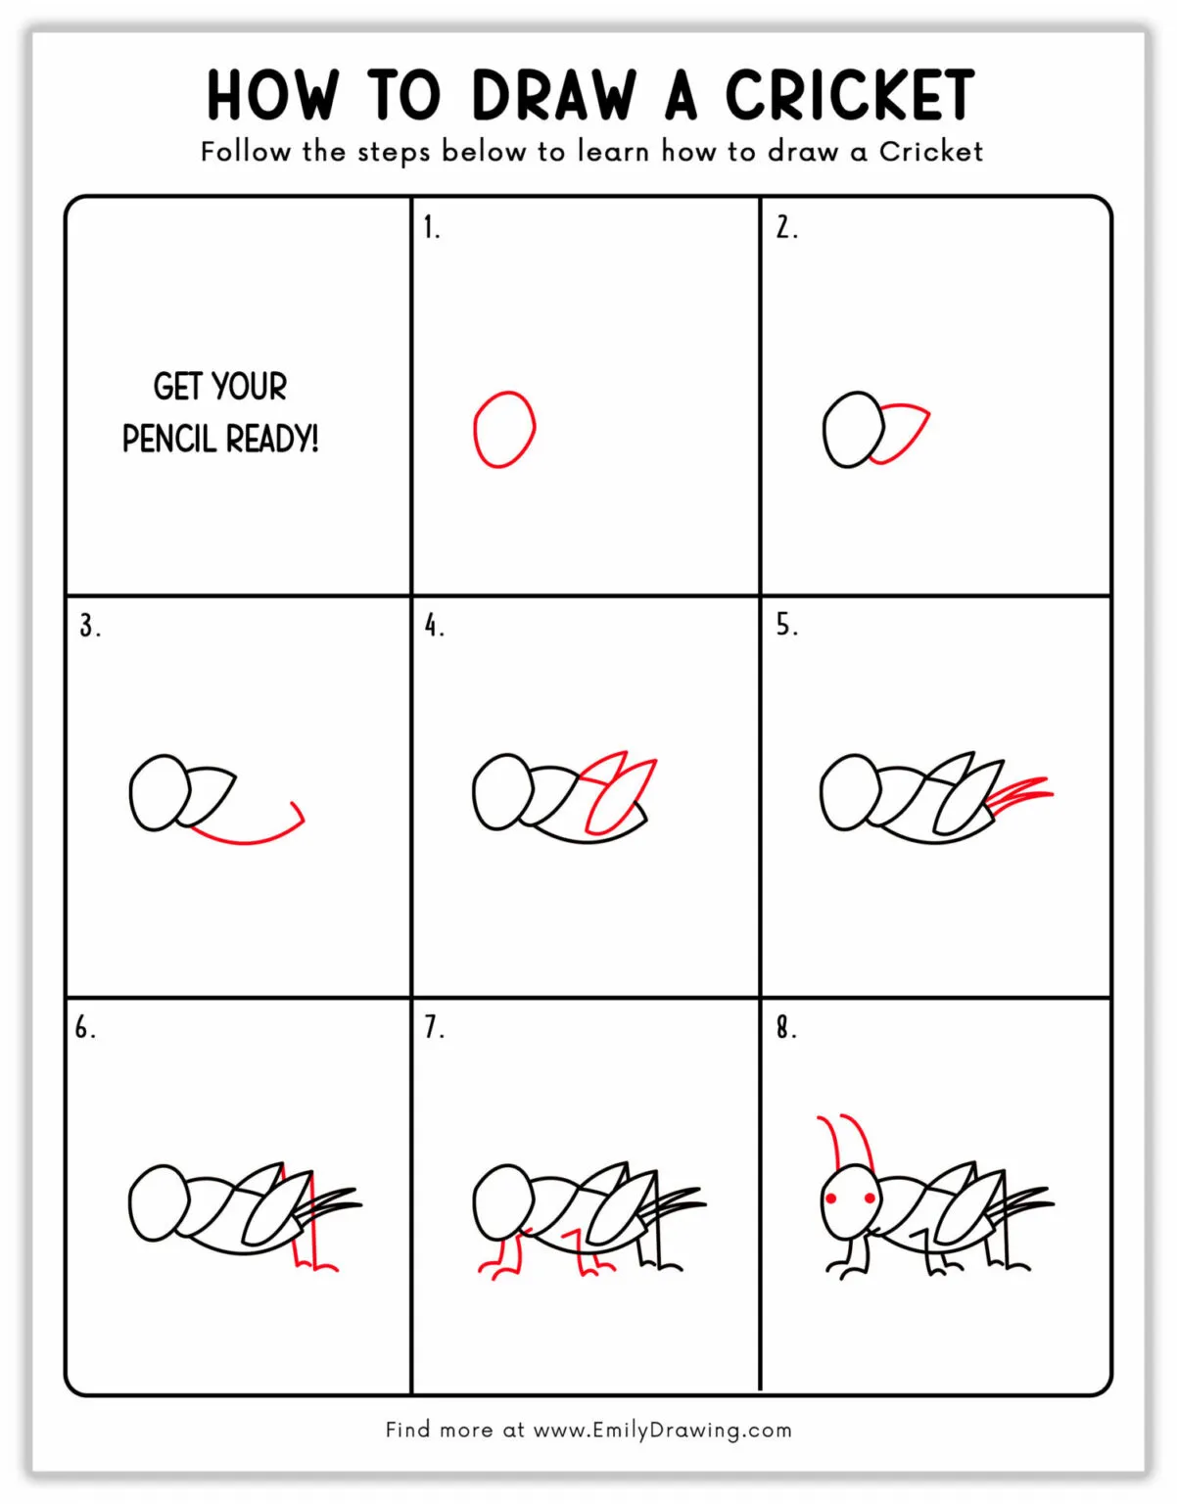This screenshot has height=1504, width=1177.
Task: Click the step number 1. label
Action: pos(431,228)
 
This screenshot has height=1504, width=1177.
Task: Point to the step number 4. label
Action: pos(434,626)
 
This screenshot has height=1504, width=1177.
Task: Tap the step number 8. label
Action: pos(785,1027)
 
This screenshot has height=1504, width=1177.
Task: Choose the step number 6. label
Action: pos(85,1027)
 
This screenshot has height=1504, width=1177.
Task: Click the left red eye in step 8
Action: pos(831,1198)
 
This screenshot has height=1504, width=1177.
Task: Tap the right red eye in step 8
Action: pos(869,1198)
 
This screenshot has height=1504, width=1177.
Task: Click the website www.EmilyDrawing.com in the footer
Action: pos(662,1430)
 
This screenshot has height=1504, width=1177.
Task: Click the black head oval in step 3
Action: pos(158,792)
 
